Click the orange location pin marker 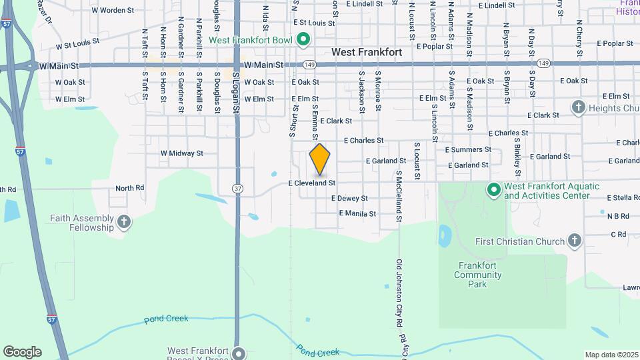pyautogui.click(x=320, y=159)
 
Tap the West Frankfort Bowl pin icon pyautogui.click(x=303, y=40)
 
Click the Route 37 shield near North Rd pyautogui.click(x=237, y=189)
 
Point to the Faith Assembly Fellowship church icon pyautogui.click(x=123, y=222)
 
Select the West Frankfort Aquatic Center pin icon pyautogui.click(x=494, y=191)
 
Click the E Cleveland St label pyautogui.click(x=311, y=182)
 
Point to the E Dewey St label pyautogui.click(x=349, y=198)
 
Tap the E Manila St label pyautogui.click(x=357, y=214)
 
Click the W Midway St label pyautogui.click(x=181, y=153)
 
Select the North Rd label pyautogui.click(x=129, y=188)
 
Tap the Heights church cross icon pyautogui.click(x=578, y=107)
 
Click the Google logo pyautogui.click(x=22, y=352)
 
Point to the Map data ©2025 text pyautogui.click(x=611, y=355)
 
